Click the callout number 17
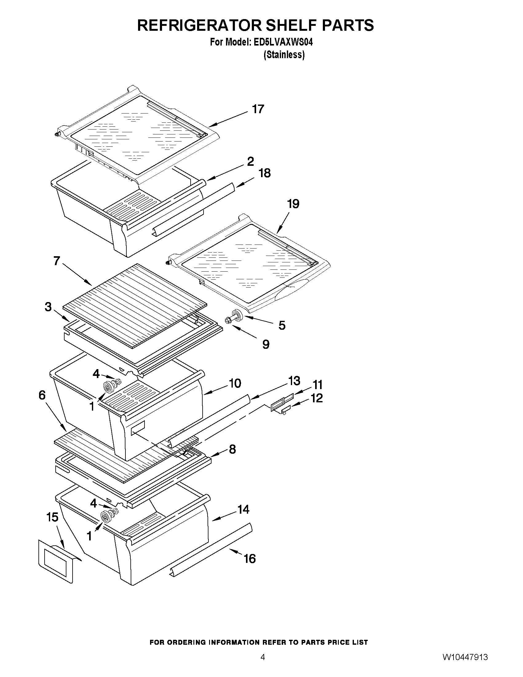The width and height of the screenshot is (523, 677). click(258, 109)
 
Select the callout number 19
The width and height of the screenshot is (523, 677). click(293, 204)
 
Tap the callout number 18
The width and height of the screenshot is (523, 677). click(264, 173)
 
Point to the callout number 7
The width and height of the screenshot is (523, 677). click(57, 261)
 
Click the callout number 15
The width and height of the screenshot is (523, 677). click(52, 517)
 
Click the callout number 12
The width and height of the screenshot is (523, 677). click(317, 398)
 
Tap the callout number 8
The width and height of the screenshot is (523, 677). click(232, 449)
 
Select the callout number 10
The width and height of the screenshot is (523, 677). click(235, 384)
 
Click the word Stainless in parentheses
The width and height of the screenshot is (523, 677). click(284, 55)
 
